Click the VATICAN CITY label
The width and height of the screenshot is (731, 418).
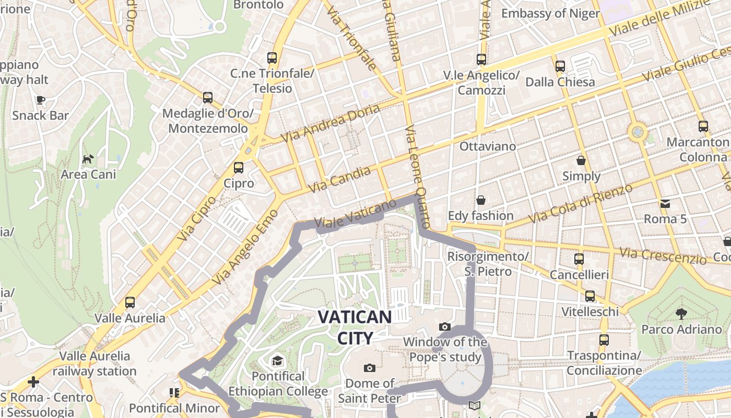coord(355,327)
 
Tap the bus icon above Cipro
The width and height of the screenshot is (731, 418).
coord(239,168)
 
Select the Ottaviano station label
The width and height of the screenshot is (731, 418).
coord(488,146)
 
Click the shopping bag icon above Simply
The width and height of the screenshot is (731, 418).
coord(581,160)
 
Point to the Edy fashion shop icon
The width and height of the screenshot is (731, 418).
coord(480,200)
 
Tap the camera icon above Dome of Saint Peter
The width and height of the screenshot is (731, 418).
coord(370,368)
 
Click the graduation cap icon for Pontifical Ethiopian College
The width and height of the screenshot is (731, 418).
coord(277,361)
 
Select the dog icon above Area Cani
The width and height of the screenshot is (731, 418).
coord(88,158)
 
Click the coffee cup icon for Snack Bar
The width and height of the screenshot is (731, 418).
coord(40,100)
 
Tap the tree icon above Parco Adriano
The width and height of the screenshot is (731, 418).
coord(681,313)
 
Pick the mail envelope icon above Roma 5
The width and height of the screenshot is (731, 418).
coord(665,203)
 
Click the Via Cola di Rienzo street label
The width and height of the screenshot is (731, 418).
coord(581,203)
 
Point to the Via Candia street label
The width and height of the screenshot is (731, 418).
coord(340,179)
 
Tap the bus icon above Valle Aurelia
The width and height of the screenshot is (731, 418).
coord(130,302)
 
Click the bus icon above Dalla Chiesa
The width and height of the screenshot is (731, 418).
coord(560,66)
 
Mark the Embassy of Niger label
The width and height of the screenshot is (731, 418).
coord(550,13)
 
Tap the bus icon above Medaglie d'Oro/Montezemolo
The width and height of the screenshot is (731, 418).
coord(208,97)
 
